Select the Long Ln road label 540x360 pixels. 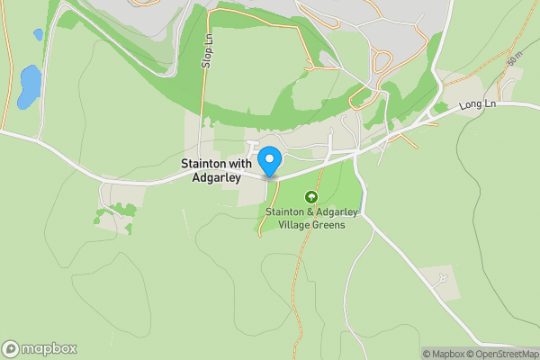[477, 105]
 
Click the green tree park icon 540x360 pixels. [311, 196]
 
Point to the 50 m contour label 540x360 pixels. [514, 58]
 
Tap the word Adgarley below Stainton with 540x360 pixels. [215, 178]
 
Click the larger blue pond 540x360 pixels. [30, 84]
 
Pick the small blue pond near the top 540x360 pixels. [38, 34]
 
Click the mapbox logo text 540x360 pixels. [50, 349]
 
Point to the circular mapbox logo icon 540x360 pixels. [11, 349]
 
